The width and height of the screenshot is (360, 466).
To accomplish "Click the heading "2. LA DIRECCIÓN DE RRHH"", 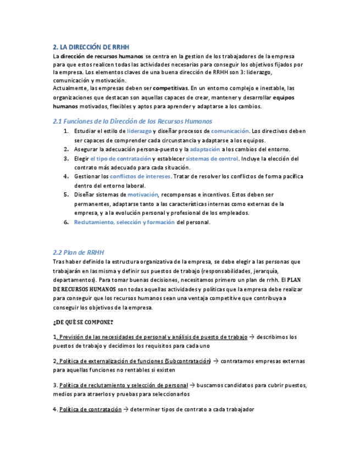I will pos(91,47).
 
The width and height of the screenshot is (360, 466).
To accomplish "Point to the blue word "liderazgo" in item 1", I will pos(139,131).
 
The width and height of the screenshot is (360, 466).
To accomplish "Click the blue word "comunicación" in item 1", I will pos(230,131).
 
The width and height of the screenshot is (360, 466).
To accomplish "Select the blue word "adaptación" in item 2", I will pos(204,149).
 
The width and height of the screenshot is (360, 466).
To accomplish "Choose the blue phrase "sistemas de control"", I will pos(212,159).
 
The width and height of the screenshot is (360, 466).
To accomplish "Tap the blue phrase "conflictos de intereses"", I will pos(140,176).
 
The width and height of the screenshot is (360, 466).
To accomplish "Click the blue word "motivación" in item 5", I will pos(143,195).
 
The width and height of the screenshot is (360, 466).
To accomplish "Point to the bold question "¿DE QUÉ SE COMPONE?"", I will pos(83,322).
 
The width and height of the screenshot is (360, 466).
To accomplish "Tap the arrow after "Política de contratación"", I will pos(126,409).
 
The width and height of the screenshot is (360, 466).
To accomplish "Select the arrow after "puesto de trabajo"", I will pos(252,337).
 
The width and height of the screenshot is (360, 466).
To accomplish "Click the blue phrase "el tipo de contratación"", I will pos(120,159).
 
